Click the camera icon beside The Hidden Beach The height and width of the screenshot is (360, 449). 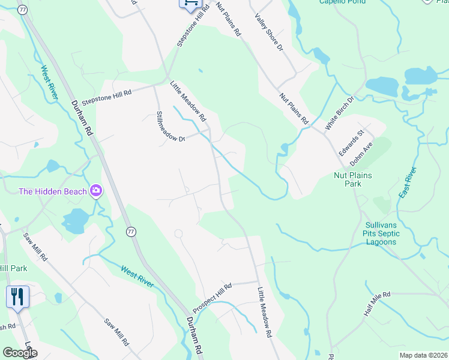(95, 191)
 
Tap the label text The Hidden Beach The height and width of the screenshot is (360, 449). (52, 191)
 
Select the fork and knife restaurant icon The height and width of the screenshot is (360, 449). (17, 297)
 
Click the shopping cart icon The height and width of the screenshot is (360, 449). (190, 3)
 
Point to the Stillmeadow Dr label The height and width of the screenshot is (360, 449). (170, 126)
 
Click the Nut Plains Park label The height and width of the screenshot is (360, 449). (353, 179)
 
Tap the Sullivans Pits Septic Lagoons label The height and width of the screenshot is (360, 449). (381, 233)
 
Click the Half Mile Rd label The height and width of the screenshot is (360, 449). (376, 304)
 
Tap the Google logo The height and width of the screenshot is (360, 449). (20, 353)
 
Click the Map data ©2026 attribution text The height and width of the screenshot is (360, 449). (423, 355)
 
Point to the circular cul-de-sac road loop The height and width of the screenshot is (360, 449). (178, 233)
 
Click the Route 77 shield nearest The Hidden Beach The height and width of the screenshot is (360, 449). (130, 232)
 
